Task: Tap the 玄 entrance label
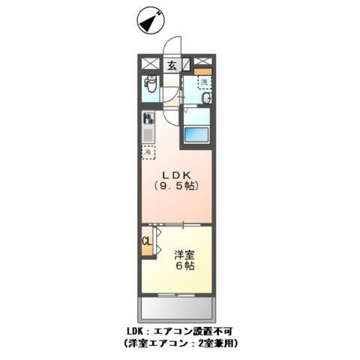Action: [172, 65]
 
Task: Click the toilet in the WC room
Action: [150, 87]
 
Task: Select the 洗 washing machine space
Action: [204, 82]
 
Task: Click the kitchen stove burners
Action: [148, 118]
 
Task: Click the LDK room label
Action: [177, 171]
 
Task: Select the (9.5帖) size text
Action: [177, 185]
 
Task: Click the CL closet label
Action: [147, 243]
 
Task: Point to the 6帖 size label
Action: [185, 267]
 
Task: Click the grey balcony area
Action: [177, 309]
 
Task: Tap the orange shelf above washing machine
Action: [204, 72]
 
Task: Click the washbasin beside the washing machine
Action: [206, 98]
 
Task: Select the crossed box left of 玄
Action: [151, 64]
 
